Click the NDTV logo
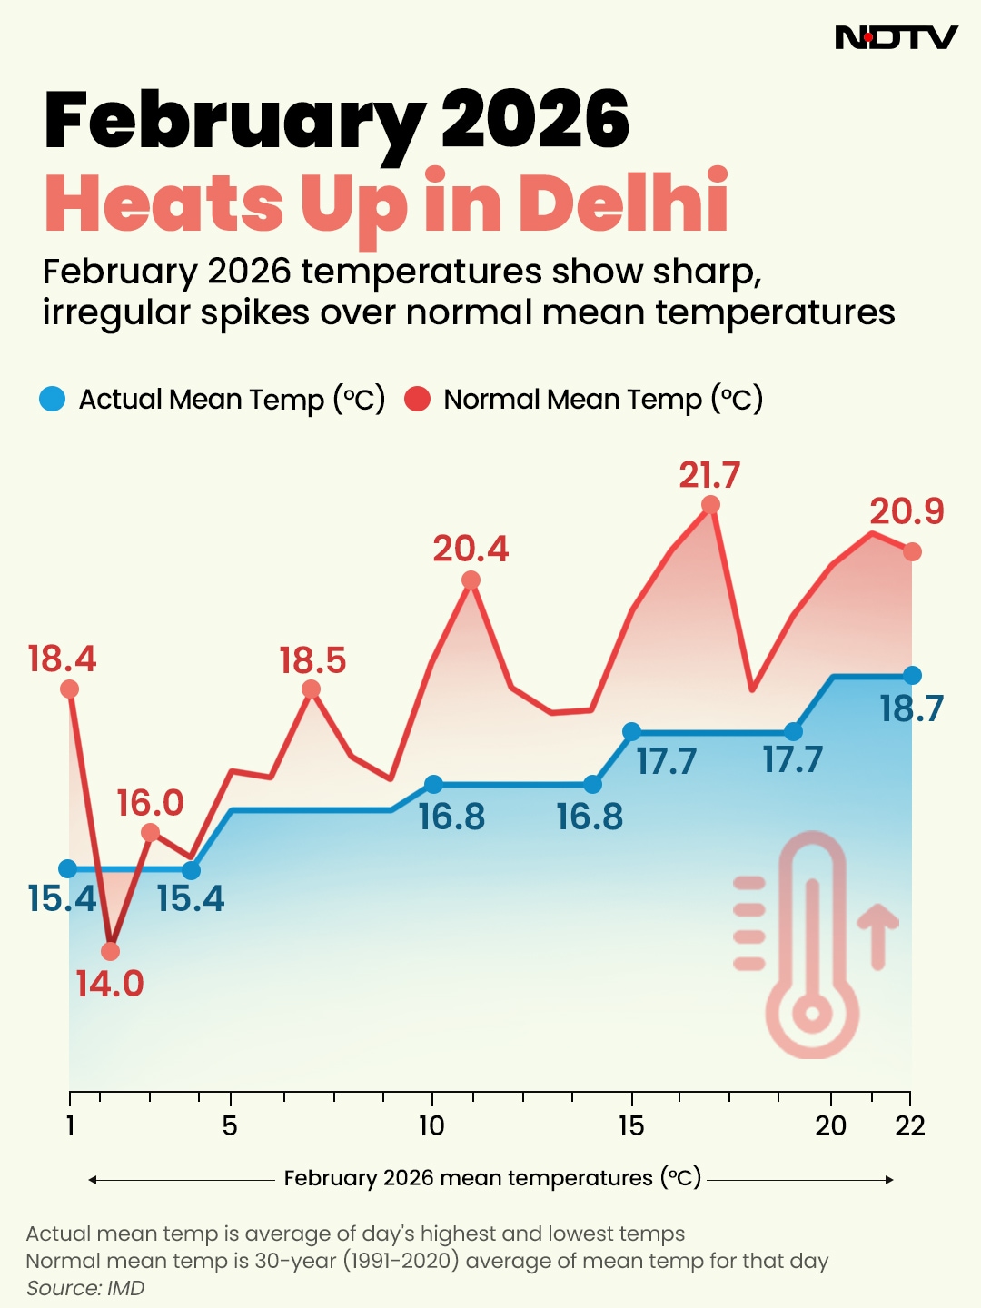click(896, 37)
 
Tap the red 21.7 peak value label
click(709, 475)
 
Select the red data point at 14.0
click(110, 951)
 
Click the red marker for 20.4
click(471, 581)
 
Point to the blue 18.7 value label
click(911, 708)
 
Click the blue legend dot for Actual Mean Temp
click(53, 399)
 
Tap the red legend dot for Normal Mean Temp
click(417, 399)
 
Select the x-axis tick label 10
click(431, 1126)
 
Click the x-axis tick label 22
click(909, 1126)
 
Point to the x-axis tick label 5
click(230, 1126)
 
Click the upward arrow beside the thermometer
click(878, 936)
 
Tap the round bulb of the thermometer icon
click(811, 1013)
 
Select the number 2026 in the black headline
click(535, 120)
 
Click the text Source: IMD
click(85, 1288)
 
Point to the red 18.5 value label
click(312, 661)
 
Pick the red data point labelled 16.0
click(151, 833)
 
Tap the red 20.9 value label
click(907, 512)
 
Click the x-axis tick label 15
click(631, 1126)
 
